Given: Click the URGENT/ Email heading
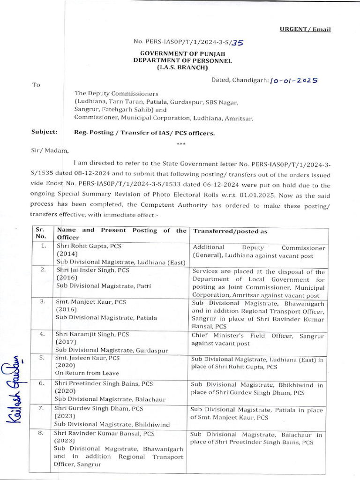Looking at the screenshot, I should [305, 30].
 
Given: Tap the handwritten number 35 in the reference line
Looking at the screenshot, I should [238, 43].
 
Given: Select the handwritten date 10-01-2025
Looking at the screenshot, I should [294, 80].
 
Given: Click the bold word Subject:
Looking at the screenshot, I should [45, 133].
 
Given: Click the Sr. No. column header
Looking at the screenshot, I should [40, 233].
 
